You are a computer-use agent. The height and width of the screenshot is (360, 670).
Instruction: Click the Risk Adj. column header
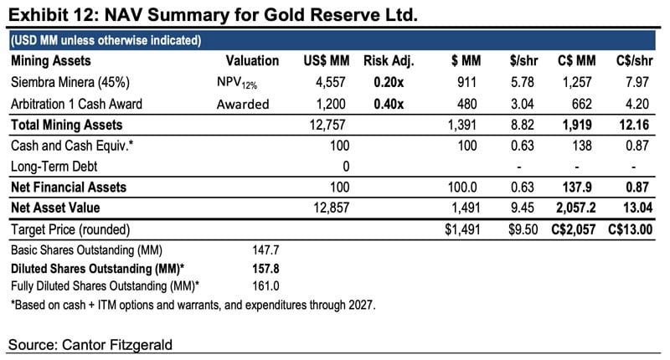(x=389, y=61)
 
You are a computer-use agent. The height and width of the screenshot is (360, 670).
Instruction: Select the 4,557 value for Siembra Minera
(x=330, y=82)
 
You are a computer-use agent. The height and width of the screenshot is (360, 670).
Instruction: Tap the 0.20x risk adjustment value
(x=389, y=82)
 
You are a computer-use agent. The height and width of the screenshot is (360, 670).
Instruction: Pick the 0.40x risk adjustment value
(x=389, y=104)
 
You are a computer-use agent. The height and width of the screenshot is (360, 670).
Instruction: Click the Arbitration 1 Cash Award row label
(x=76, y=104)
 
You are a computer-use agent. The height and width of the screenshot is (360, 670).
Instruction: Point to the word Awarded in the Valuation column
(x=243, y=104)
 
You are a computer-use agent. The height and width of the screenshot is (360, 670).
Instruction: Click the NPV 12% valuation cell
(x=237, y=82)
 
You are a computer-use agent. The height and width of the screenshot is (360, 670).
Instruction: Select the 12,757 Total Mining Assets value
(x=327, y=125)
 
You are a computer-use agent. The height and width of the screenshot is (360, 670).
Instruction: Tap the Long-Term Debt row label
(x=54, y=167)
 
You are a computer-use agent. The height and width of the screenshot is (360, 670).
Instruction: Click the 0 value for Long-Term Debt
(x=346, y=167)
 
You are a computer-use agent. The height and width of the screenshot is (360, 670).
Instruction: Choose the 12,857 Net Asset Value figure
(x=331, y=208)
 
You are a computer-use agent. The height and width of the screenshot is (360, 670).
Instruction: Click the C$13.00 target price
(x=631, y=229)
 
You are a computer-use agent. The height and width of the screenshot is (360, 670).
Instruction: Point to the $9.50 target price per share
(x=523, y=229)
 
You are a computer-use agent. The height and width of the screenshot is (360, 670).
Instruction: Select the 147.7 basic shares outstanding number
(x=265, y=250)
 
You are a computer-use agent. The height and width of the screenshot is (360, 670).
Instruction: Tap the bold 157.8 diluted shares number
(x=265, y=269)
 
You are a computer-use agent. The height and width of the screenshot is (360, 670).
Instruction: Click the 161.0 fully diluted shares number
(x=265, y=285)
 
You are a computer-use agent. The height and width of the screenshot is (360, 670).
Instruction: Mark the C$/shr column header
(x=634, y=61)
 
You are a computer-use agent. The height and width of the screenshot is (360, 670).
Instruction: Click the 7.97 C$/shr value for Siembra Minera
(x=637, y=82)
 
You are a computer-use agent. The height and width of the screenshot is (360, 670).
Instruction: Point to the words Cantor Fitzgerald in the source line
(x=117, y=345)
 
